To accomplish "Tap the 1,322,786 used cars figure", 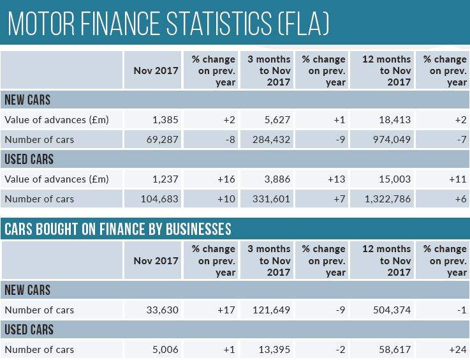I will tap(384, 199).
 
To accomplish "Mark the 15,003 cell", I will tap(393, 179).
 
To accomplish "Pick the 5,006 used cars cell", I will tap(165, 350).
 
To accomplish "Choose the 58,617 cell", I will tap(393, 350).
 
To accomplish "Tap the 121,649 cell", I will tap(270, 310).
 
